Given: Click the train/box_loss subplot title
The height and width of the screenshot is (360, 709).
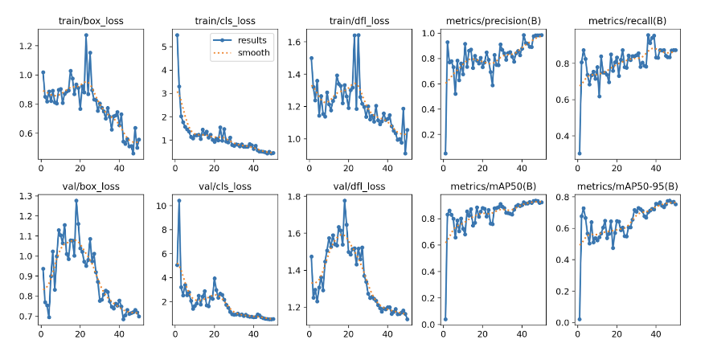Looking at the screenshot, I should (x=90, y=20).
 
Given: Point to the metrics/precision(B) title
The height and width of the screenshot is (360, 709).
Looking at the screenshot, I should (x=493, y=20).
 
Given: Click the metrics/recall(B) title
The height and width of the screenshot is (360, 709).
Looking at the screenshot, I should (x=627, y=20).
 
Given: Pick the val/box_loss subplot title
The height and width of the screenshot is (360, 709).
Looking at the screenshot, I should (x=90, y=186).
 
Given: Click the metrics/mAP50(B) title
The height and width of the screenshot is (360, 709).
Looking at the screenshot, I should (x=493, y=186).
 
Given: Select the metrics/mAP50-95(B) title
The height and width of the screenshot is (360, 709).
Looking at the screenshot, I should (x=627, y=186).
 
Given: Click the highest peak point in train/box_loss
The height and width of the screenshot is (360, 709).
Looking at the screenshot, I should (x=86, y=35).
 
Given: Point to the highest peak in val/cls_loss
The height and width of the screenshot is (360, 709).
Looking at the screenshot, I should (x=178, y=201).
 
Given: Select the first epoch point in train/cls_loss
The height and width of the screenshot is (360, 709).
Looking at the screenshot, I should (x=177, y=35).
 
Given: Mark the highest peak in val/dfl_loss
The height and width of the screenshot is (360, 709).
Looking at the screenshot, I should (x=345, y=200).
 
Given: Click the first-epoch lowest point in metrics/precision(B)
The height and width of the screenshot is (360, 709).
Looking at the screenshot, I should (x=445, y=153).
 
